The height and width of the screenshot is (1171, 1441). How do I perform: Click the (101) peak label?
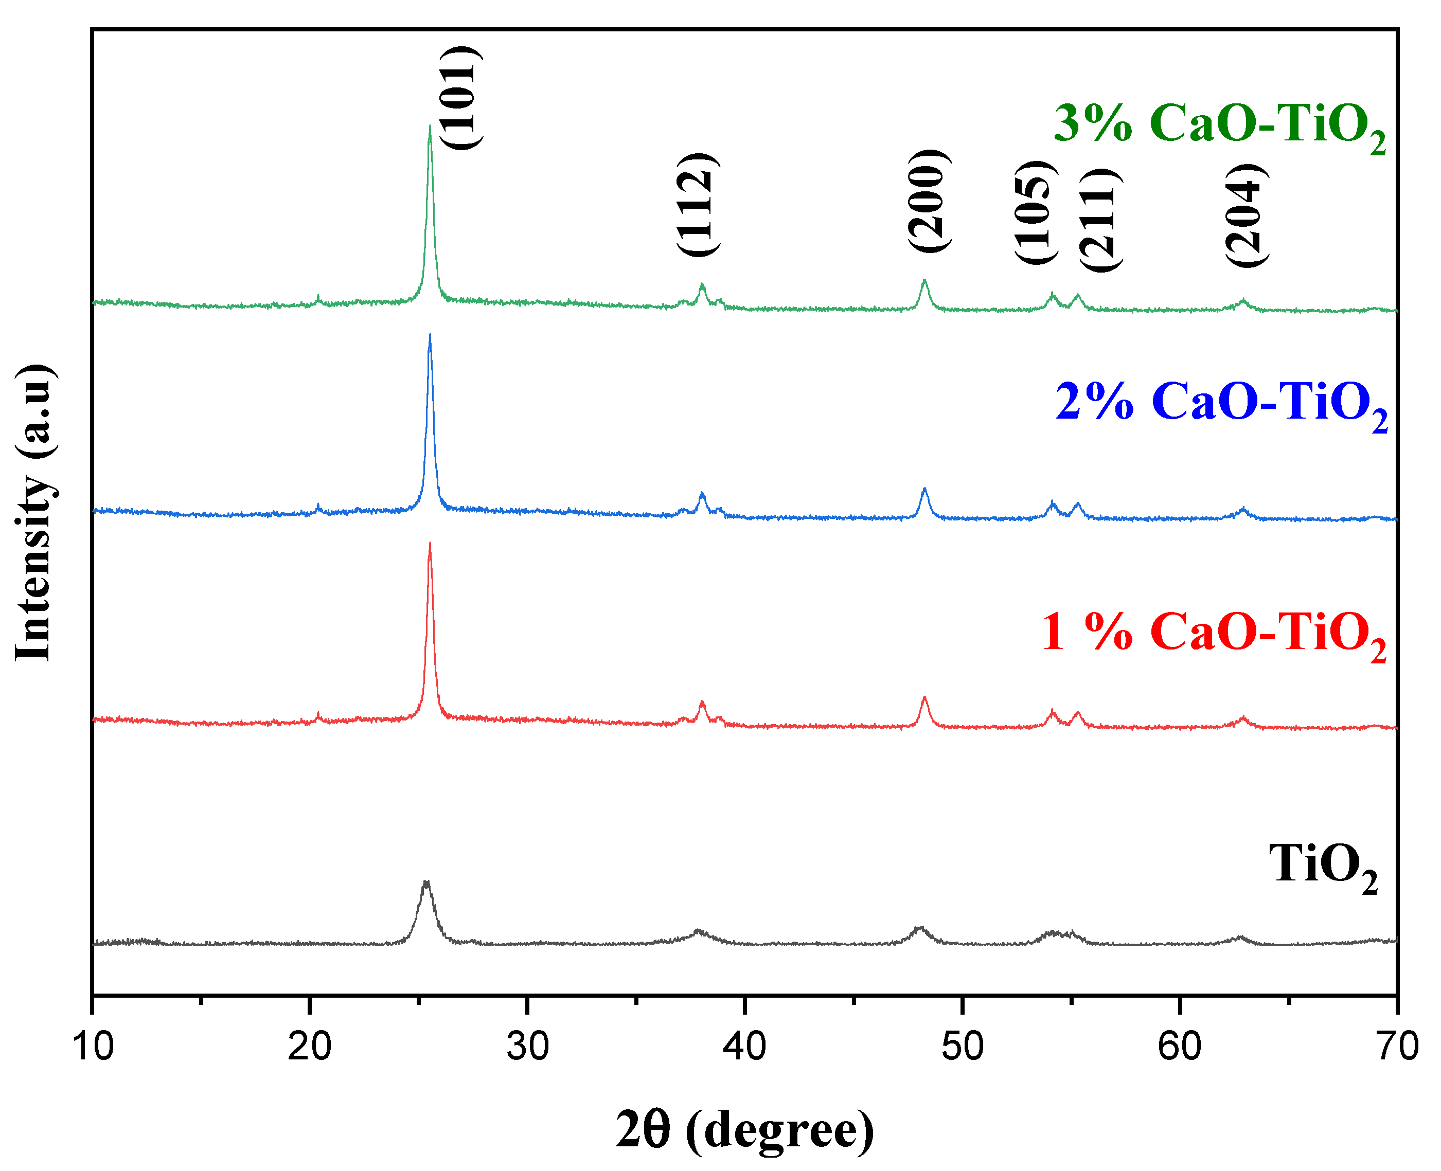pos(461,98)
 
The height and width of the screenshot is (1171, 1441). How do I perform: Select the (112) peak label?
pos(698,204)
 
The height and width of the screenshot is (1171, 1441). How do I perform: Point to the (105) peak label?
pos(1035,212)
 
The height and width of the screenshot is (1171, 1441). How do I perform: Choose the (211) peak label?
pos(1099,219)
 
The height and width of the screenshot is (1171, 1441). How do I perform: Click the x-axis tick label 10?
pos(93,1048)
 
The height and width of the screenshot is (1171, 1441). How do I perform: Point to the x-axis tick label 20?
pos(310,1048)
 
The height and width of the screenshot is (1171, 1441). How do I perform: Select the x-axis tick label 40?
pos(745,1048)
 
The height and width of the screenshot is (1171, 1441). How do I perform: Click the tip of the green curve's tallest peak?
pos(430,126)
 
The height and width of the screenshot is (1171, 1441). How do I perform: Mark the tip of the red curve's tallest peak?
pos(430,543)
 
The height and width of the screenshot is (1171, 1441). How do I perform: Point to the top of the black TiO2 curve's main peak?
pos(425,882)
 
